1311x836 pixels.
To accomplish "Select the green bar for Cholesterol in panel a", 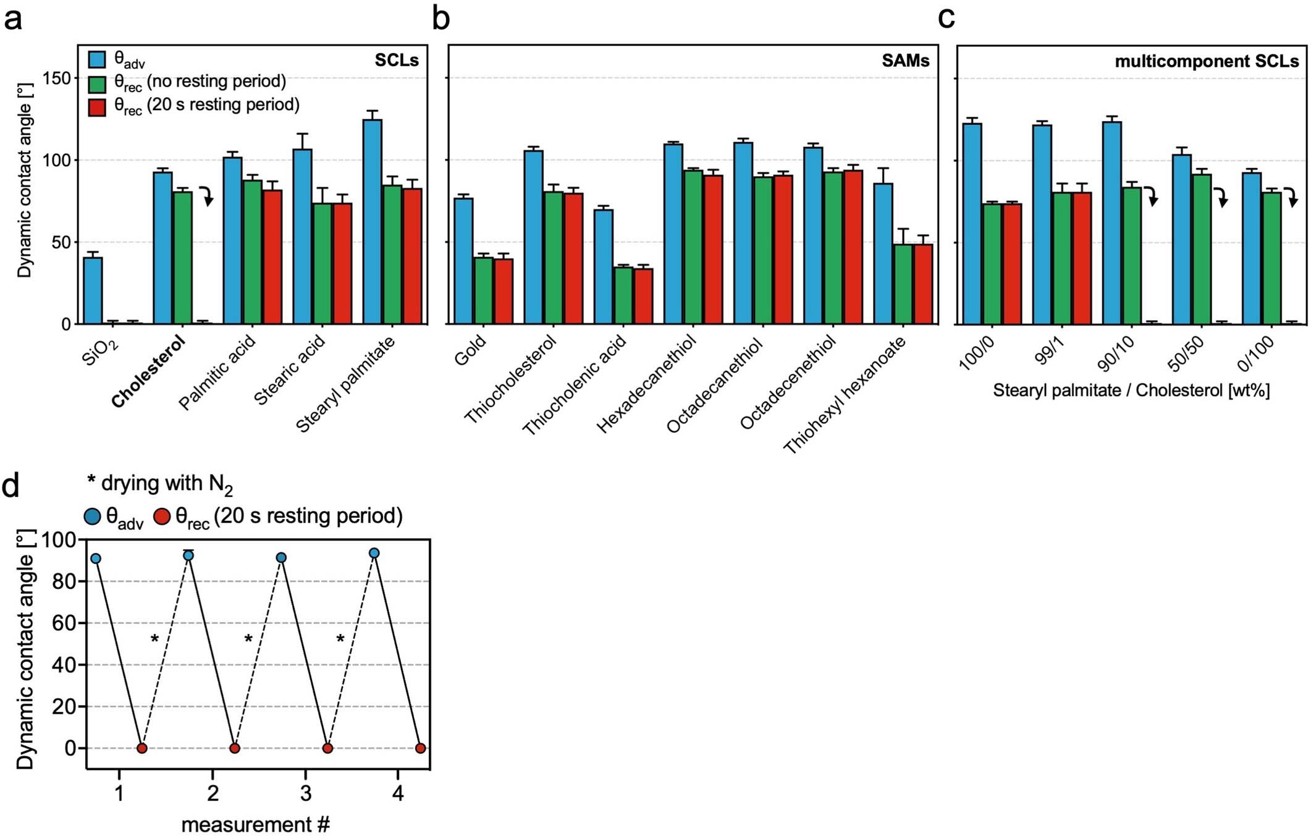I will (183, 258).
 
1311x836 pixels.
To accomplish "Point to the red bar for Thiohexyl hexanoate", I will (923, 284).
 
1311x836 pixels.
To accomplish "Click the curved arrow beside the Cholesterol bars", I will (207, 195).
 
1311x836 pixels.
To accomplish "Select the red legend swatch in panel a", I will (98, 108).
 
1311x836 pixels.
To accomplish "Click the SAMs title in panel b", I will (905, 61).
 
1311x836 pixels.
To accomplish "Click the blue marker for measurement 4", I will (374, 553).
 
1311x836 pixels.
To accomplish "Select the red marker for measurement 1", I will (142, 748).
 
